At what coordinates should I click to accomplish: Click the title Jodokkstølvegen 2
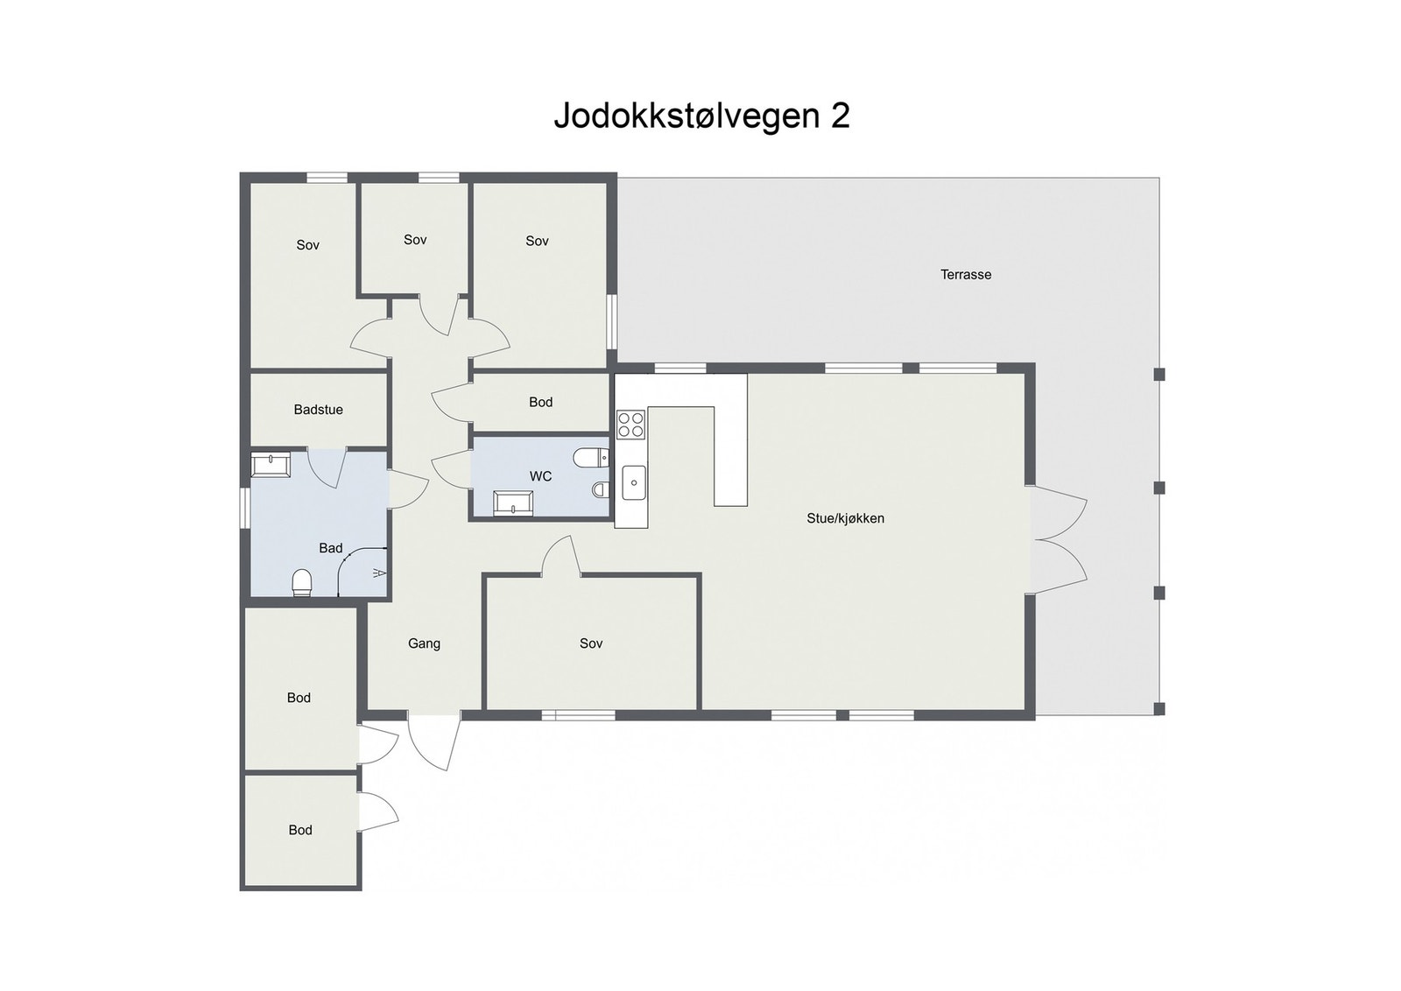pyautogui.click(x=701, y=116)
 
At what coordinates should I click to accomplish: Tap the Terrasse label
pyautogui.click(x=966, y=275)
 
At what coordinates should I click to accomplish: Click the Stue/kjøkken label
pyautogui.click(x=845, y=518)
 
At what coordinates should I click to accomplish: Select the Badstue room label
pyautogui.click(x=318, y=410)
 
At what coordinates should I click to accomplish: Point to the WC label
pyautogui.click(x=540, y=476)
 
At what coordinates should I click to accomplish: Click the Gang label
pyautogui.click(x=424, y=643)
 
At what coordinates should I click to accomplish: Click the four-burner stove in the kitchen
pyautogui.click(x=630, y=425)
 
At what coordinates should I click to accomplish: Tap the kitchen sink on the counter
pyautogui.click(x=634, y=482)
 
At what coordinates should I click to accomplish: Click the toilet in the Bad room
pyautogui.click(x=302, y=582)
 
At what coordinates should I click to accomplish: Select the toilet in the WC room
pyautogui.click(x=590, y=458)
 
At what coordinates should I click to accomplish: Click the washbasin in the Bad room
pyautogui.click(x=271, y=464)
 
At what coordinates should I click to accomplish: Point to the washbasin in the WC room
pyautogui.click(x=513, y=503)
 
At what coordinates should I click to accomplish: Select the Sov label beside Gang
pyautogui.click(x=591, y=643)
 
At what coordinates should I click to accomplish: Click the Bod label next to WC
pyautogui.click(x=540, y=403)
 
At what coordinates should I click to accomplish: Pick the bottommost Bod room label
pyautogui.click(x=300, y=830)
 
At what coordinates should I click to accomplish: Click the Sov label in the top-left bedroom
pyautogui.click(x=307, y=245)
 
